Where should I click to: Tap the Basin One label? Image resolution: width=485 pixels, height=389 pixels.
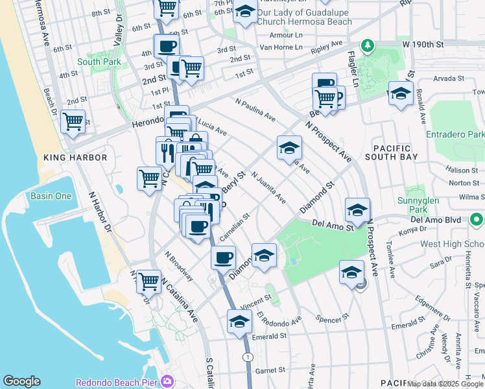point(51,196)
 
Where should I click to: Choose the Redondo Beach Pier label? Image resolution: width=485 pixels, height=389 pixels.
point(118,382)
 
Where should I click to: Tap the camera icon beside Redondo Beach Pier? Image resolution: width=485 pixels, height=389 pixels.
point(168,381)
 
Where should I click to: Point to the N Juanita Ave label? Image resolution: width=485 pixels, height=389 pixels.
point(268,187)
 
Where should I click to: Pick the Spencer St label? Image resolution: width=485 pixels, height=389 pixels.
point(332,318)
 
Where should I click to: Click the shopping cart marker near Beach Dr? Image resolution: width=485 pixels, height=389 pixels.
point(73,121)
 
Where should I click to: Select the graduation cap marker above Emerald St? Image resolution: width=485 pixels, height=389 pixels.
point(239,322)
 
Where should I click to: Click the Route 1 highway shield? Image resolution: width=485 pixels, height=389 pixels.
point(248,357)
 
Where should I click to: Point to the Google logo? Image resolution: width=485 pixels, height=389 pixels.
point(21,381)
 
